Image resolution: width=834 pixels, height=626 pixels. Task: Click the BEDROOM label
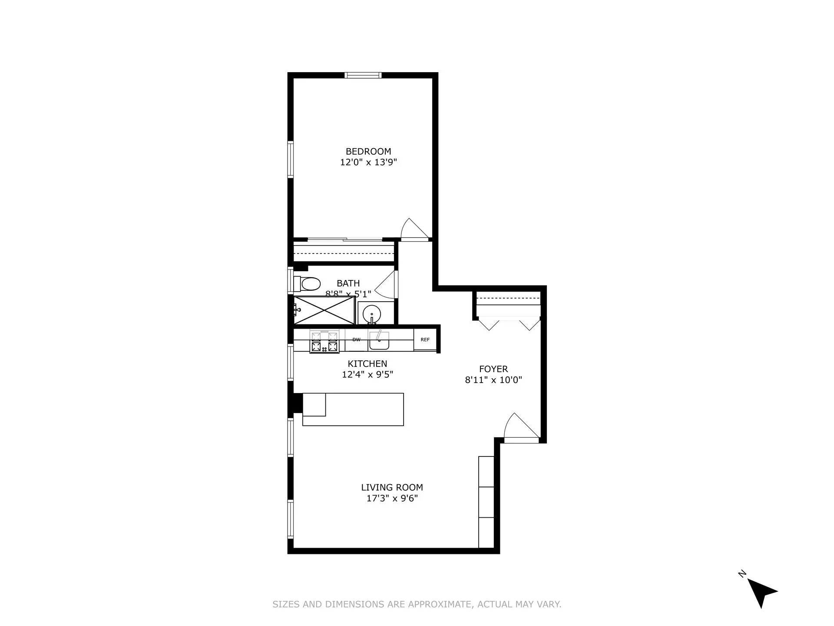click(368, 151)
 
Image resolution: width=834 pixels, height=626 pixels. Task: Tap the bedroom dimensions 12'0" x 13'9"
click(368, 162)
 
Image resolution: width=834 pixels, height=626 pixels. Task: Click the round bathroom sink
click(372, 313)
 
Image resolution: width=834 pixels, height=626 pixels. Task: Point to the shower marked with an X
click(324, 310)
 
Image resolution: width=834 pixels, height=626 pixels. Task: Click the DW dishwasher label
click(356, 340)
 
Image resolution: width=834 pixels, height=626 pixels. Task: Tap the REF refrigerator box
click(425, 340)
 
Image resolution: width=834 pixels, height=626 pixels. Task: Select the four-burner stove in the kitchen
click(324, 341)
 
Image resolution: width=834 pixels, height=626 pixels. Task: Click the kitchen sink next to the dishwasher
click(379, 340)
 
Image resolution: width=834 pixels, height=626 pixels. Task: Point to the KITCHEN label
click(367, 363)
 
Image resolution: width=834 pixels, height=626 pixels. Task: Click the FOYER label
click(493, 369)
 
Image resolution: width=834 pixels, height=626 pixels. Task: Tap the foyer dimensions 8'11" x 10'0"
click(493, 380)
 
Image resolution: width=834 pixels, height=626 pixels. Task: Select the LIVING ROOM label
click(392, 487)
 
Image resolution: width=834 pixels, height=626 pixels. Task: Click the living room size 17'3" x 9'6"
click(392, 498)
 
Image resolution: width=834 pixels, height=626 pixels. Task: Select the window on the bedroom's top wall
click(363, 75)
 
